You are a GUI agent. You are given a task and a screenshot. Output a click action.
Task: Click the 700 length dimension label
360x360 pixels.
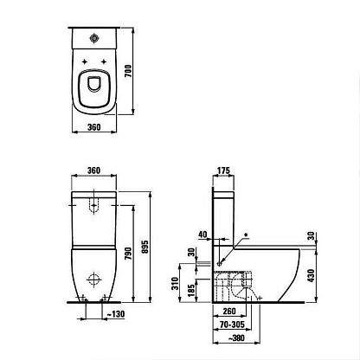128,71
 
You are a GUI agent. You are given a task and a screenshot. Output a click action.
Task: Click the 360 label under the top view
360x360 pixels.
94,127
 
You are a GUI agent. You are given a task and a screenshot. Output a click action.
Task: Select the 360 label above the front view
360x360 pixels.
94,170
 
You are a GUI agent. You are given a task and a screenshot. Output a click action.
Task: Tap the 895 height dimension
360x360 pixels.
145,247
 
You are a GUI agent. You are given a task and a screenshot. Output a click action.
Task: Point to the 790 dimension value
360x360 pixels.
128,254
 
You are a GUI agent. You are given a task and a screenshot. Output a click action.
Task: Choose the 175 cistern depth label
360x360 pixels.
223,170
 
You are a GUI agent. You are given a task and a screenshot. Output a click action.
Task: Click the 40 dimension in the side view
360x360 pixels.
202,235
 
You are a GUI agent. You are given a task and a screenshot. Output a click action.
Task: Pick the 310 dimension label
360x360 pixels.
175,284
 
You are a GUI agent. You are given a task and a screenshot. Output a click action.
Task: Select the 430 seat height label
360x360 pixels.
311,275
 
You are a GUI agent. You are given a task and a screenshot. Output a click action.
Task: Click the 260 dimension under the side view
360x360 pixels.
229,312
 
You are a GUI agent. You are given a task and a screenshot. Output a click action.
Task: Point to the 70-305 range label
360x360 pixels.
232,325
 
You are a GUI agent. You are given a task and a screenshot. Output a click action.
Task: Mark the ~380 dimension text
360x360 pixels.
236,338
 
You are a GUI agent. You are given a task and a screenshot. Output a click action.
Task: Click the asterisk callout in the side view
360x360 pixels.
246,235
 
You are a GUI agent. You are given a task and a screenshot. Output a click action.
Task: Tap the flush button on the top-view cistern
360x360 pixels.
94,38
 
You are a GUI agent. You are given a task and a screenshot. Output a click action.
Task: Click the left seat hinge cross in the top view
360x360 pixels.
85,61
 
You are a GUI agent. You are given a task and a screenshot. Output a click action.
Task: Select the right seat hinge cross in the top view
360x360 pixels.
104,61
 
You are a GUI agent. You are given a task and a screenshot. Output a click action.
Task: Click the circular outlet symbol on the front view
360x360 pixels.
94,279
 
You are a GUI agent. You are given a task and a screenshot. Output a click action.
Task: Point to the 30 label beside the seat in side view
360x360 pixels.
311,236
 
